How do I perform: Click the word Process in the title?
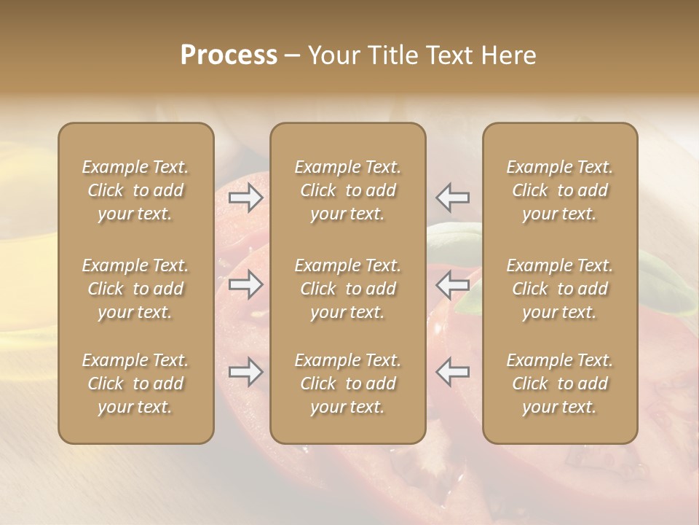point(229,55)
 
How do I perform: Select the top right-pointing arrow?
point(246,198)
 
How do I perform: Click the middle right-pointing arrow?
point(246,284)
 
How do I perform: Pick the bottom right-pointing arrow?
point(246,372)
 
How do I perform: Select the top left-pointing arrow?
point(453,198)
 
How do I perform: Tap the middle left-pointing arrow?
point(453,284)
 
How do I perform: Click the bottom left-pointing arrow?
point(453,372)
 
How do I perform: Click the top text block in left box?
point(135,190)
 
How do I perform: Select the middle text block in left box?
point(135,289)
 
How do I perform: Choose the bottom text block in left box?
point(135,384)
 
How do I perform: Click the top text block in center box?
point(348,190)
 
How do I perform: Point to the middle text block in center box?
point(348,289)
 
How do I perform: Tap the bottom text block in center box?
point(348,384)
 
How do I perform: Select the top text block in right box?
point(560,190)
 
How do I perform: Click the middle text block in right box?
point(560,289)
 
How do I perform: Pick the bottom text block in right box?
point(560,384)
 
